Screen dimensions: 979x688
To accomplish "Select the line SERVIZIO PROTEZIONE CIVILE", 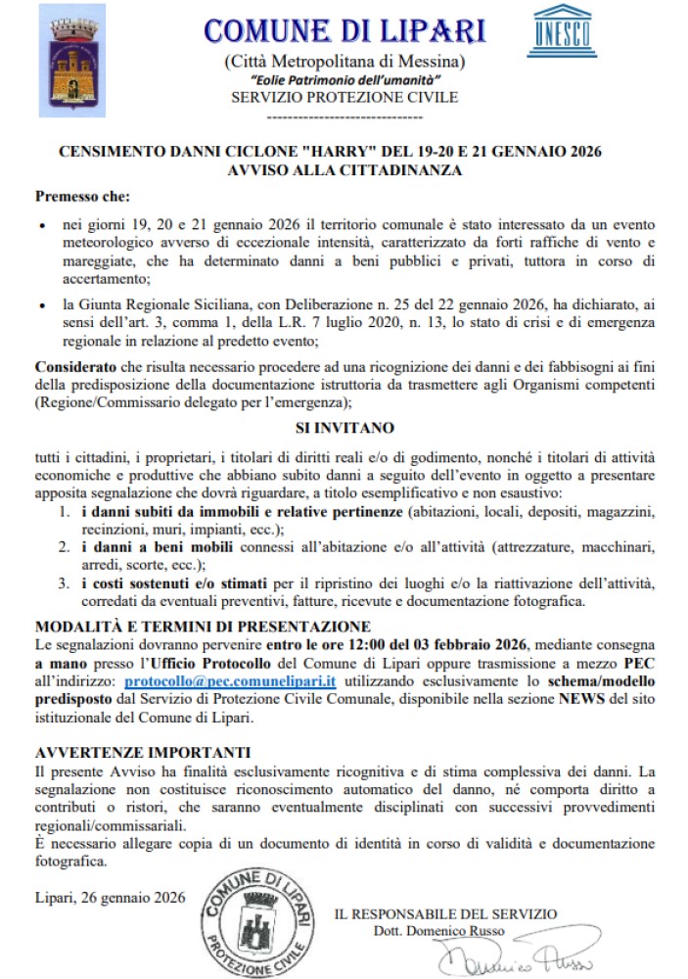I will coord(344,98).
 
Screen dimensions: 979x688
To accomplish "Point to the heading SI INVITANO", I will coord(344,427).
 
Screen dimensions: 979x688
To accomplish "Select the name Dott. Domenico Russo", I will coord(439,931).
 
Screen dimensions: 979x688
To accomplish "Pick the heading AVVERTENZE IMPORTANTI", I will coord(143,751).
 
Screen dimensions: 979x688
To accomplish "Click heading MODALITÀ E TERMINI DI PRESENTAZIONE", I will coord(203,626).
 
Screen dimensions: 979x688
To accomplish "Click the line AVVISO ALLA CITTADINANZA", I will coord(344,169).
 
